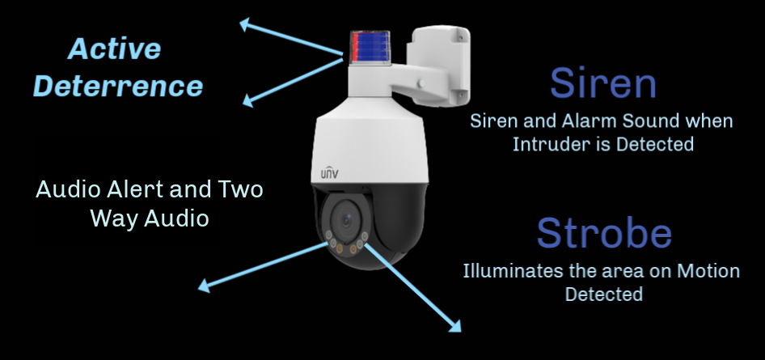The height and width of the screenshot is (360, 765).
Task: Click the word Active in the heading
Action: (115, 49)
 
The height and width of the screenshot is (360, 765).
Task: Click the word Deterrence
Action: (118, 86)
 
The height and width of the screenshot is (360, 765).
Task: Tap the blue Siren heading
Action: (603, 83)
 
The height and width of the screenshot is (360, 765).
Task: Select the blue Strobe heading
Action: (604, 233)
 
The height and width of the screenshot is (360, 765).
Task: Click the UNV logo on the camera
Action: (329, 173)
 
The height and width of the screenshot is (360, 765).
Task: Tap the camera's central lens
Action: (346, 222)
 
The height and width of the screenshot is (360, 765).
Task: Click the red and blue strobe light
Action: (370, 47)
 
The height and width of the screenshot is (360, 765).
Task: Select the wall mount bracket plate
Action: (441, 65)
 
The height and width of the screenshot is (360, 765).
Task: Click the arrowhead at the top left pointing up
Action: (245, 24)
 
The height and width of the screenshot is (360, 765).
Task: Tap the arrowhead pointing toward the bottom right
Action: (454, 326)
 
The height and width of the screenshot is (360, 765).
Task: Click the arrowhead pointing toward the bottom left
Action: (205, 286)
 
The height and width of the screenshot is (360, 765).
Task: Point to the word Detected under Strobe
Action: (603, 294)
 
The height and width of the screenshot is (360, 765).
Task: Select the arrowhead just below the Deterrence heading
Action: (248, 100)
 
